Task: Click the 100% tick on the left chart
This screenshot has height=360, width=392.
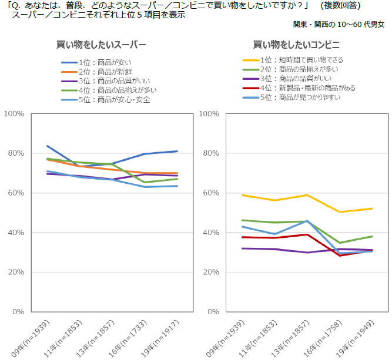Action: (14, 113)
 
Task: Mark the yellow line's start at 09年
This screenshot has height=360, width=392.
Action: (243, 195)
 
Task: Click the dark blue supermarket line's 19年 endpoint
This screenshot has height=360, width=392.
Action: (177, 151)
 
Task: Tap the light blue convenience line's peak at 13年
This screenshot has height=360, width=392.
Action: (307, 221)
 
